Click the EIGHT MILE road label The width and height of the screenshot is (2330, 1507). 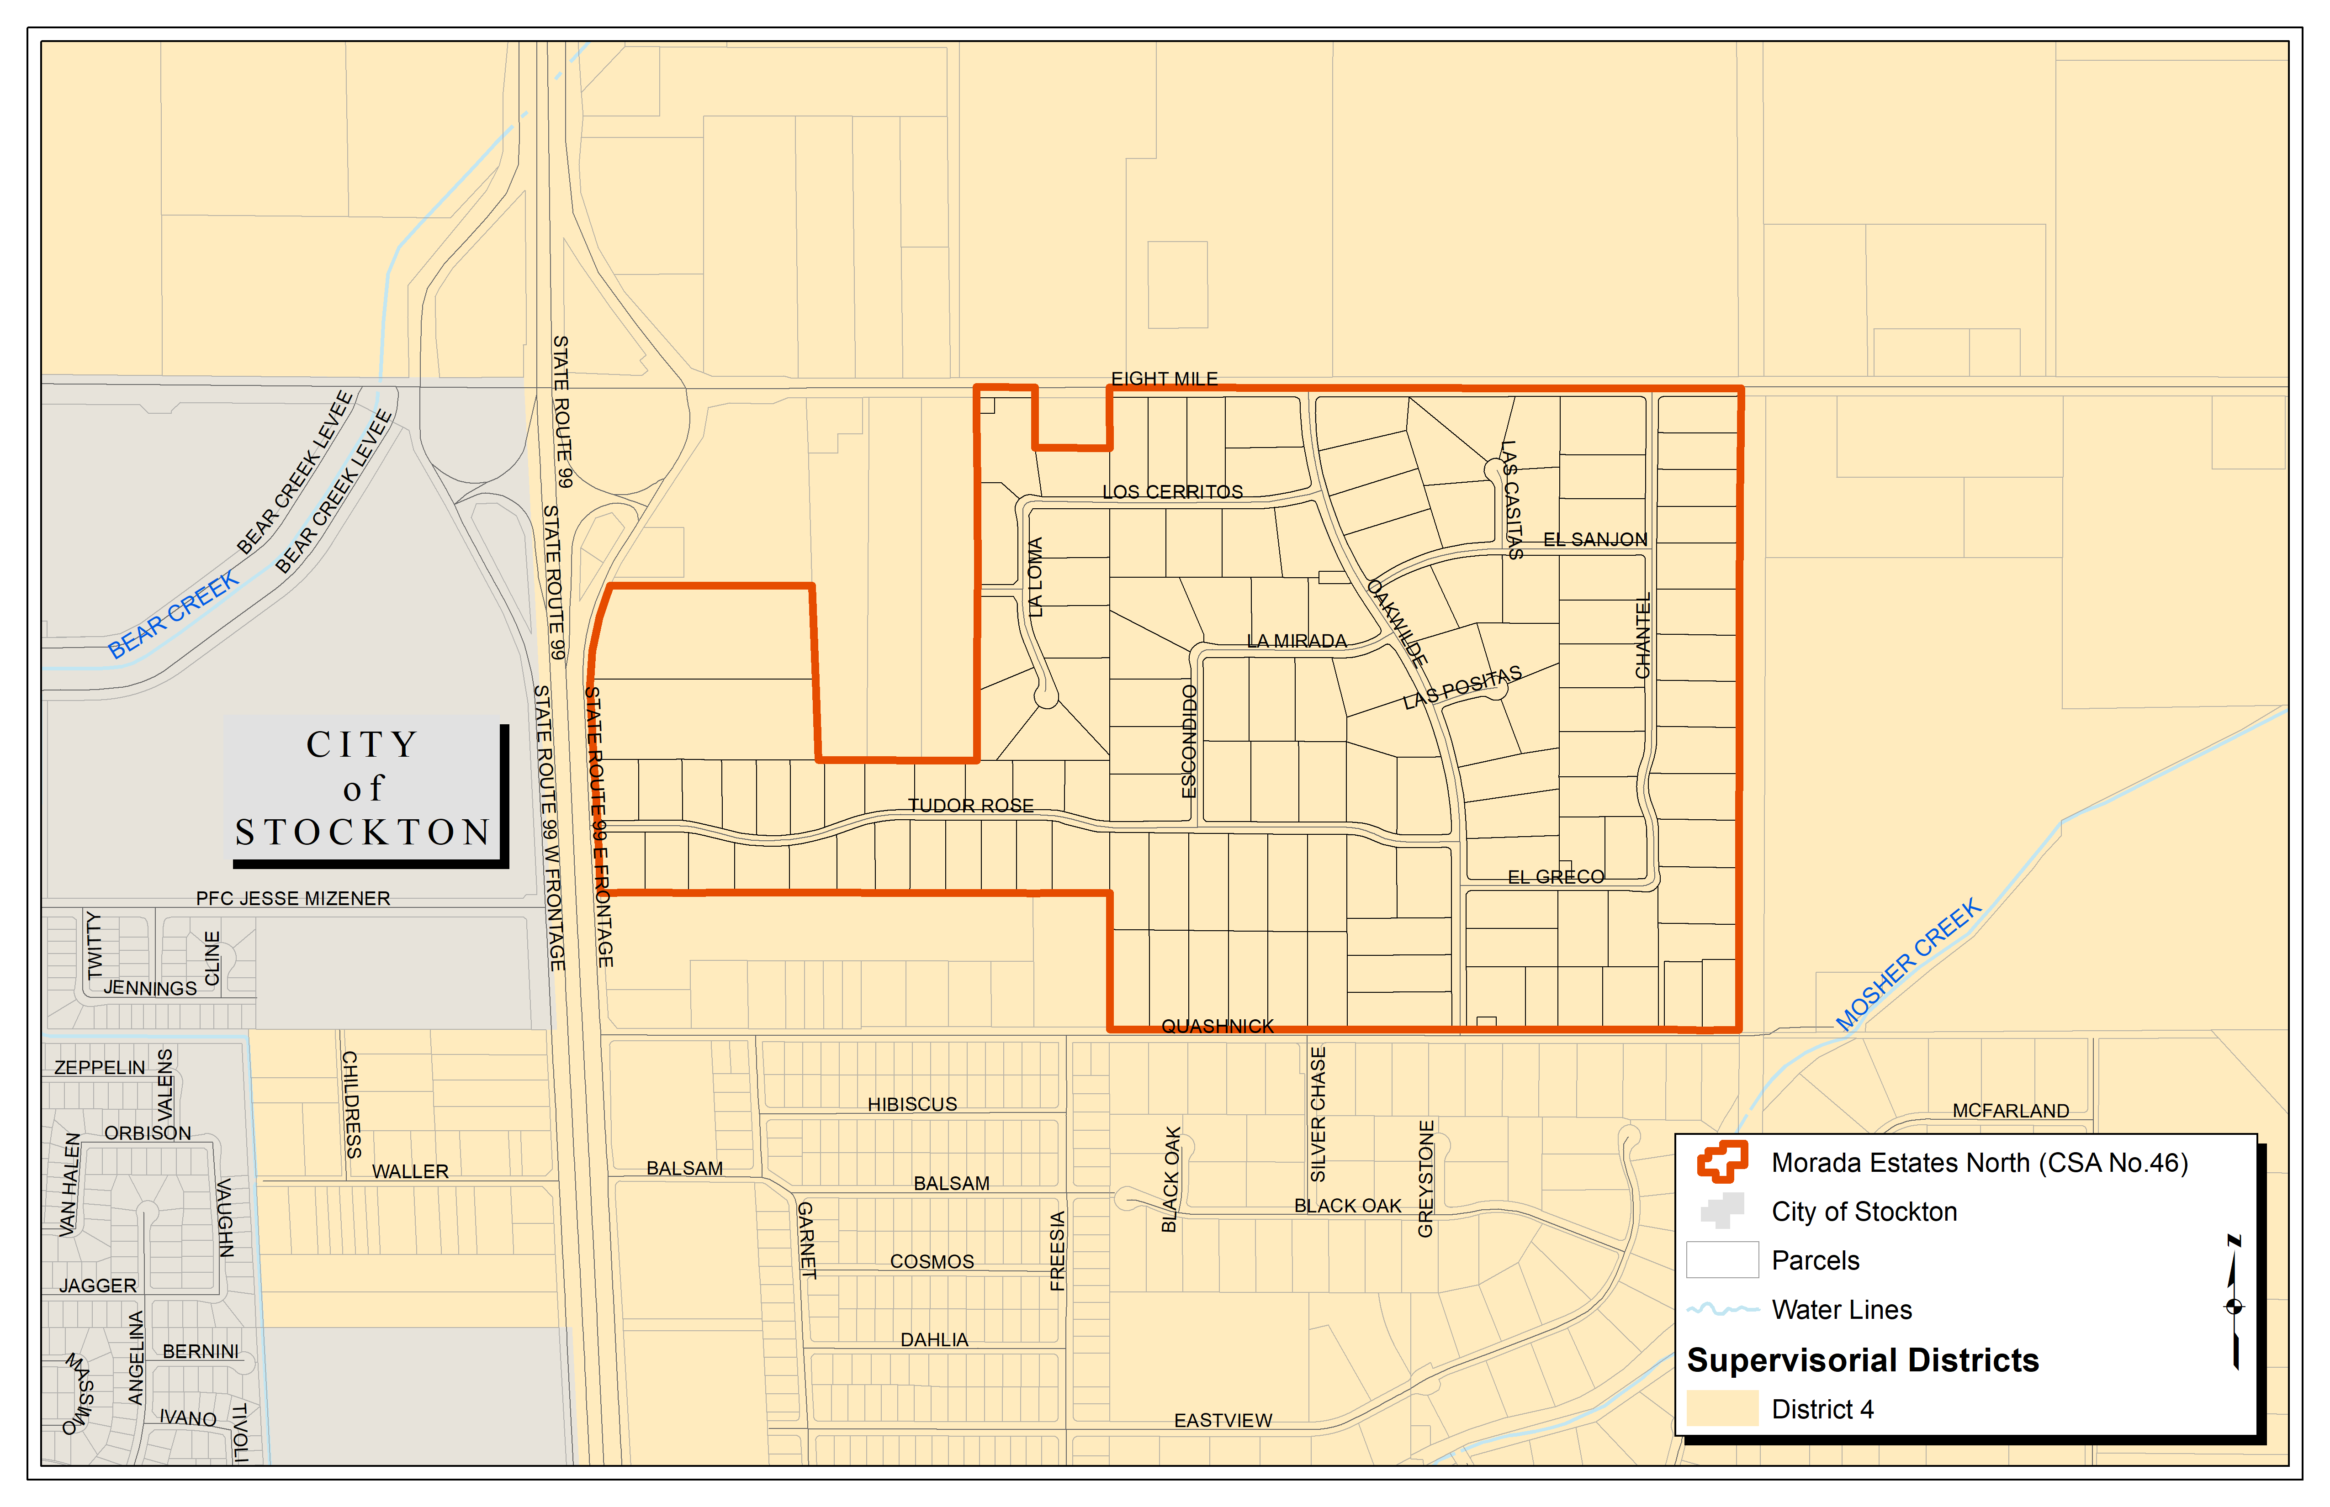1164,379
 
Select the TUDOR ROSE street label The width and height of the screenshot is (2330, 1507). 970,806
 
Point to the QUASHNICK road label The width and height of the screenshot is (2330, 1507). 1217,1026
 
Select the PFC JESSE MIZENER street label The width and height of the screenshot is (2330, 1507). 293,898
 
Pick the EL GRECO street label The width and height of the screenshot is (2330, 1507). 1556,877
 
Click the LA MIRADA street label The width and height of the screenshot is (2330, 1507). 1296,641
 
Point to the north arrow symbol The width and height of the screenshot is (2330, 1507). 2234,1303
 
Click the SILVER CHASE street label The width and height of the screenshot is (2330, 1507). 1318,1114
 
